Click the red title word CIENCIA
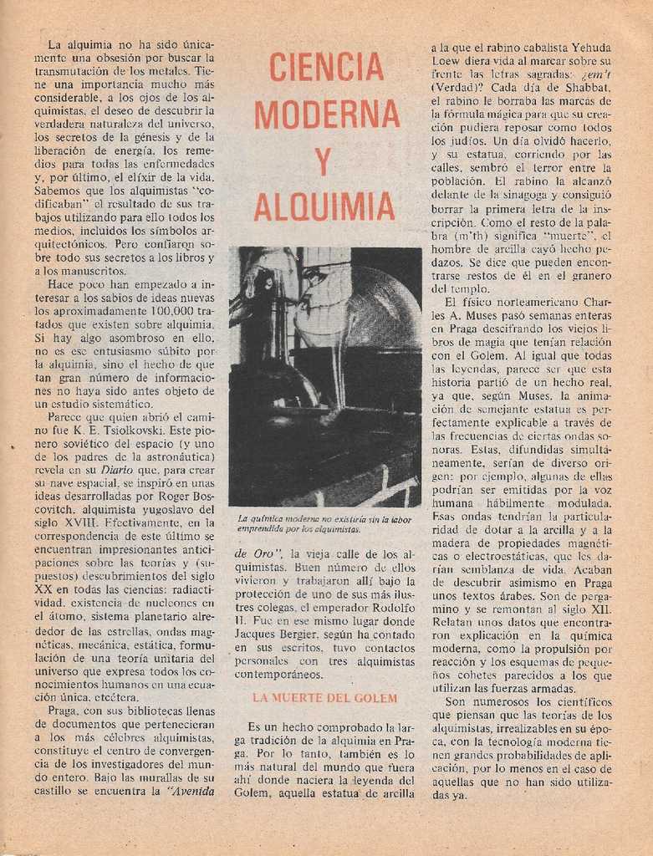coord(327,67)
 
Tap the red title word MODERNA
coord(327,114)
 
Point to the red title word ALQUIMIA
coord(324,206)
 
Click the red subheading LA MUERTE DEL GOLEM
coord(325,697)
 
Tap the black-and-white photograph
coord(325,376)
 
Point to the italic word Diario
coord(116,470)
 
